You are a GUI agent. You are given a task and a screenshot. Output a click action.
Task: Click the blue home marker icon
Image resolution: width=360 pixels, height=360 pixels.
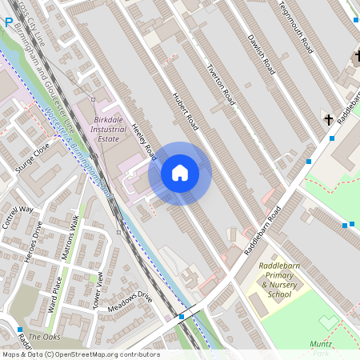pyautogui.click(x=180, y=173)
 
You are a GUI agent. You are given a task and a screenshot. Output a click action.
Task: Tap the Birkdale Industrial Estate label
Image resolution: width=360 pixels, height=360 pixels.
pyautogui.click(x=108, y=128)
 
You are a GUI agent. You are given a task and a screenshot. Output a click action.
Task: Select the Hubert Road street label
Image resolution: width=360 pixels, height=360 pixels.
pyautogui.click(x=185, y=111)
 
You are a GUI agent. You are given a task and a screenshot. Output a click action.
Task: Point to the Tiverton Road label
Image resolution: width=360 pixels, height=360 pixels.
pyautogui.click(x=220, y=85)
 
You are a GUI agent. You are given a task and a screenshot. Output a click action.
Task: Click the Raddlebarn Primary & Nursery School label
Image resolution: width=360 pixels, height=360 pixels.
pyautogui.click(x=269, y=284)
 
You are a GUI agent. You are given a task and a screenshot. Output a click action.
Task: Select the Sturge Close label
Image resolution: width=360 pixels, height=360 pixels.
pyautogui.click(x=32, y=158)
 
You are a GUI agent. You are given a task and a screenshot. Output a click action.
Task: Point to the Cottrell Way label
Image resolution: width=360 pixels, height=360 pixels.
pyautogui.click(x=18, y=218)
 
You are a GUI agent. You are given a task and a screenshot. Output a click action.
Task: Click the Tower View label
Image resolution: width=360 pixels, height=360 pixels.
pyautogui.click(x=100, y=290)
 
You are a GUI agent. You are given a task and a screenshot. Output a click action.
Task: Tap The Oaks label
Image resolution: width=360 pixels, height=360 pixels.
pyautogui.click(x=44, y=337)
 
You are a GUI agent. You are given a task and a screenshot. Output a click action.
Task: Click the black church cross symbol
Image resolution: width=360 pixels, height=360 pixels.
pyautogui.click(x=328, y=119)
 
